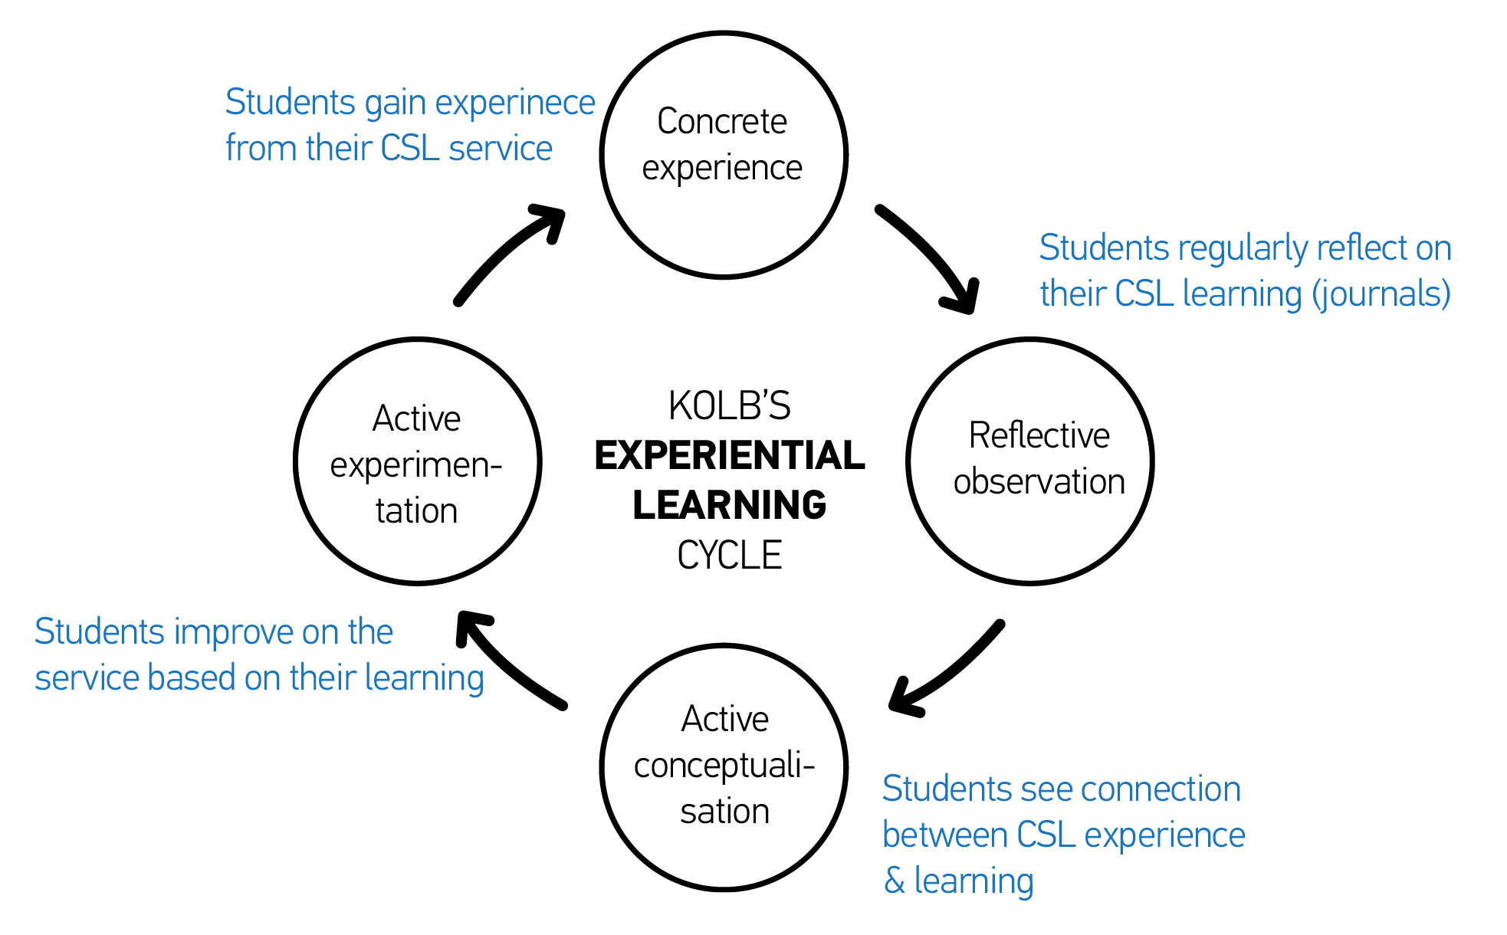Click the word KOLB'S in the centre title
click(729, 406)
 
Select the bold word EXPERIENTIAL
click(729, 455)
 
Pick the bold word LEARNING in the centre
click(729, 505)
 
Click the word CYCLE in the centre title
click(729, 555)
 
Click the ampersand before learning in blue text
click(894, 881)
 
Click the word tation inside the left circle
click(416, 510)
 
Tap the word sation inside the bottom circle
click(724, 812)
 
